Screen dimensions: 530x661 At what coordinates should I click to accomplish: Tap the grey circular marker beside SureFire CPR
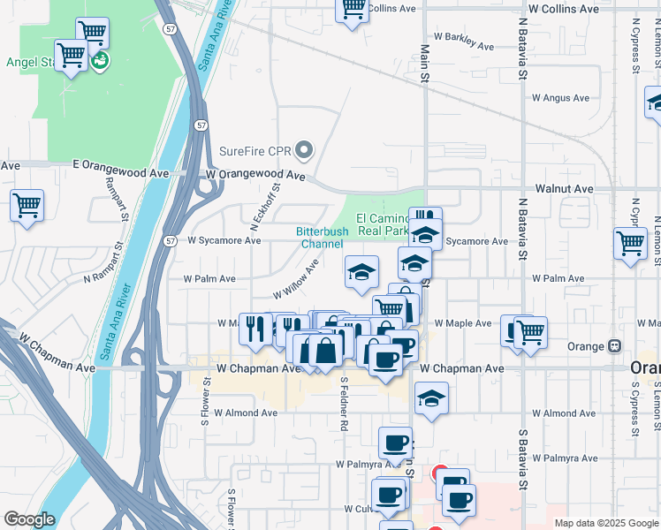coord(305,151)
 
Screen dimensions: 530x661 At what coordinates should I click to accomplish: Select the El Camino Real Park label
coord(382,224)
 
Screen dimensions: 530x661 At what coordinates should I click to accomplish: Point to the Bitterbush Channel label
coord(322,238)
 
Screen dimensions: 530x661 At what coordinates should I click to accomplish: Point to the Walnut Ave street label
coord(564,189)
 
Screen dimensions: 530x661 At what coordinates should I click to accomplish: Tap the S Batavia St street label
coord(522,459)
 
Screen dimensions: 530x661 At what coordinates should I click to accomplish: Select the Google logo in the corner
coord(29,519)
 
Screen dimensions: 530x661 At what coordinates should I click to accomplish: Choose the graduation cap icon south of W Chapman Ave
coord(431,399)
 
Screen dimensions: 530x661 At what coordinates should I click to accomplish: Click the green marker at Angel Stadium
coord(100,60)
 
